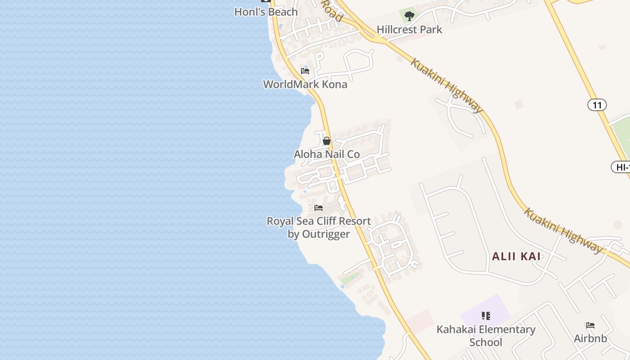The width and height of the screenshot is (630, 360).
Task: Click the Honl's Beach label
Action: pyautogui.click(x=266, y=12)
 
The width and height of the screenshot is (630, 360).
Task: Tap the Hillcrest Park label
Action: pyautogui.click(x=409, y=30)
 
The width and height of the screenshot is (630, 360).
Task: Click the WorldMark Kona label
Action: pyautogui.click(x=305, y=84)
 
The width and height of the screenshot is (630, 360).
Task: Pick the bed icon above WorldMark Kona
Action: pyautogui.click(x=305, y=71)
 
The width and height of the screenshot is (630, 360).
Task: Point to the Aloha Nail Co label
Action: pyautogui.click(x=327, y=154)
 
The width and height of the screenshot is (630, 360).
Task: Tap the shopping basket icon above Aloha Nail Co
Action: pyautogui.click(x=327, y=141)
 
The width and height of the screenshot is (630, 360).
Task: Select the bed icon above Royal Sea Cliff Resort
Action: pyautogui.click(x=319, y=208)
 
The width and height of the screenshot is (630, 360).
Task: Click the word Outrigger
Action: pyautogui.click(x=325, y=234)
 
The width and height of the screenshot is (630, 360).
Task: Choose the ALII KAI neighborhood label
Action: pyautogui.click(x=516, y=256)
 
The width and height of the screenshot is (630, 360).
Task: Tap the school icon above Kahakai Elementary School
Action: pyautogui.click(x=486, y=316)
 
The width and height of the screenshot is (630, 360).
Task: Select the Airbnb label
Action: pyautogui.click(x=590, y=338)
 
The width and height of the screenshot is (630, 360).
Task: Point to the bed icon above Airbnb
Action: pyautogui.click(x=590, y=325)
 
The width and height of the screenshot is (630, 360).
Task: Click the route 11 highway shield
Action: pyautogui.click(x=597, y=105)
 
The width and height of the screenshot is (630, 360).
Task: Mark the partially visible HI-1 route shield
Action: pyautogui.click(x=621, y=167)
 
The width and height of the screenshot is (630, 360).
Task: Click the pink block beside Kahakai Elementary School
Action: pyautogui.click(x=420, y=320)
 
